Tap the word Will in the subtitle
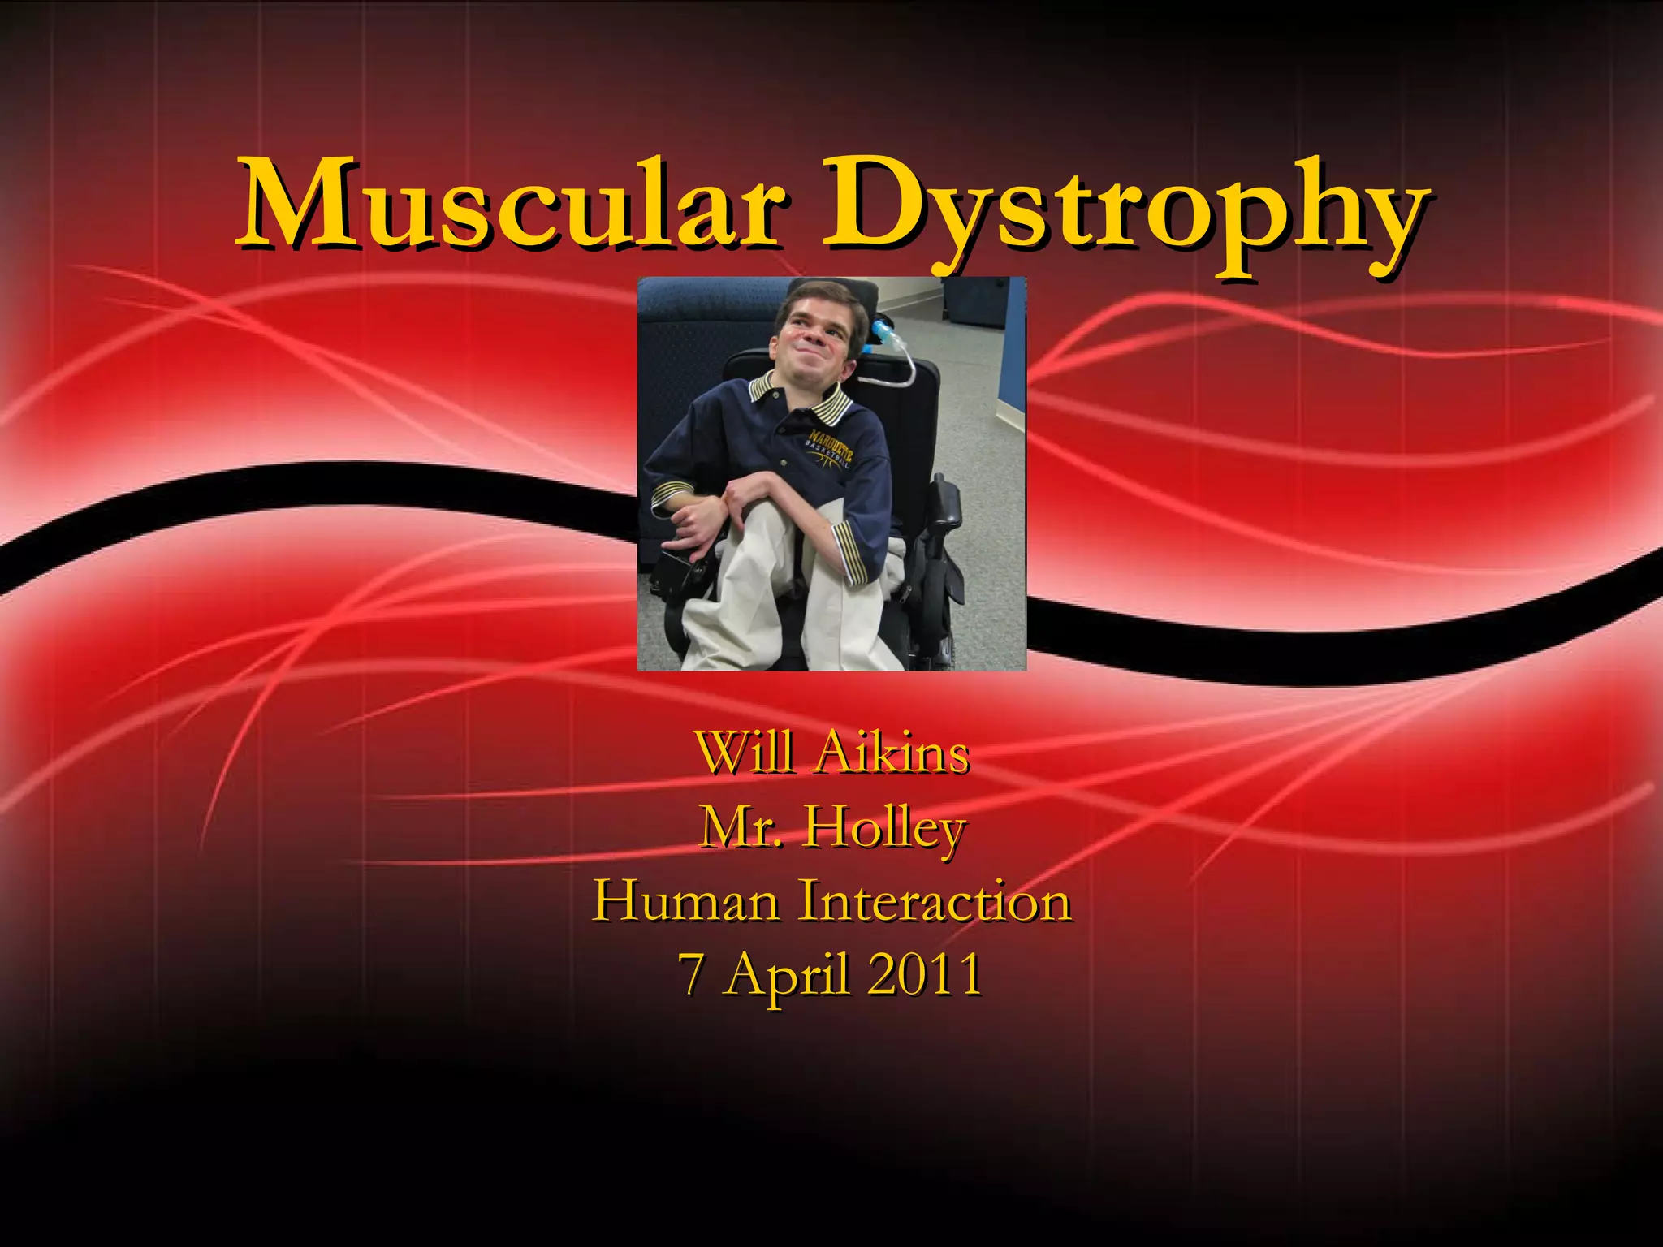744,753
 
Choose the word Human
686,901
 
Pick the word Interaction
934,901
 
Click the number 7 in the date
691,975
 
